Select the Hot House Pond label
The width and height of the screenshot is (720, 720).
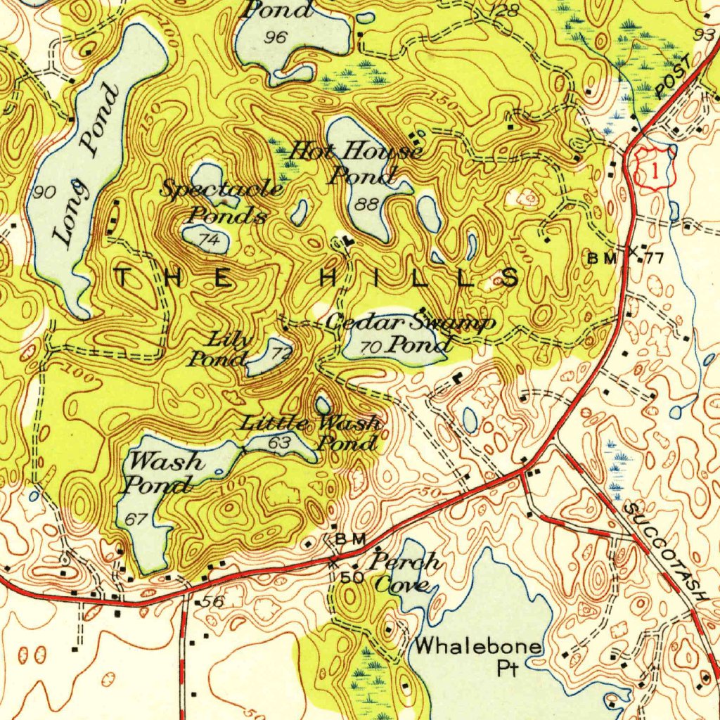(x=357, y=162)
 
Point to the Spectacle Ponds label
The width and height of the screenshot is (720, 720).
(x=221, y=201)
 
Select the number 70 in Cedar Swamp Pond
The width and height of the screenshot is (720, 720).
(x=370, y=347)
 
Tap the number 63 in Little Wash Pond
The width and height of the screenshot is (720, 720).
(x=280, y=443)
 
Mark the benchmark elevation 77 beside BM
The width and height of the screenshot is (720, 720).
(x=655, y=258)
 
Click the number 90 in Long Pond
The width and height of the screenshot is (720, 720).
(x=44, y=192)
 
